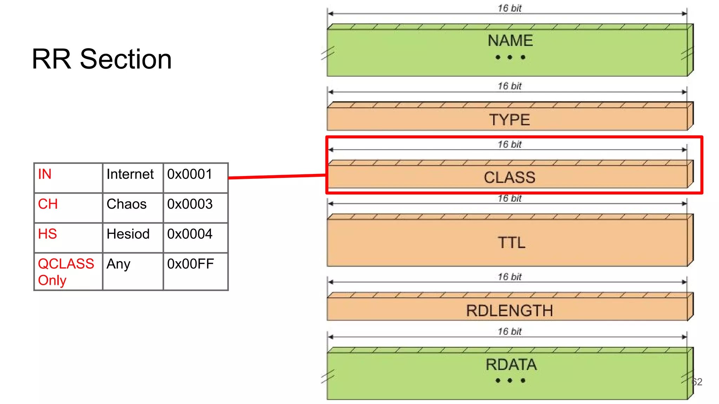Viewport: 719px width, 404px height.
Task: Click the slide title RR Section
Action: [x=102, y=59]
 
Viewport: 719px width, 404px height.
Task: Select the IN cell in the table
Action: [x=45, y=174]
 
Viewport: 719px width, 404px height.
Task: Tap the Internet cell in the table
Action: [x=130, y=174]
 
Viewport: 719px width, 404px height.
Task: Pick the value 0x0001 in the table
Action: [x=190, y=174]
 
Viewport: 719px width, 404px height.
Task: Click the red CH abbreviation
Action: [x=48, y=204]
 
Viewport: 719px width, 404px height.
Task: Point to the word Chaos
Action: [x=126, y=204]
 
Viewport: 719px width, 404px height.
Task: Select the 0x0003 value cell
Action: [x=190, y=204]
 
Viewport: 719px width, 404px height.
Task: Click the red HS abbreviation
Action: [x=47, y=234]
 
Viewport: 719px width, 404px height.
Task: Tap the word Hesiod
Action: [x=128, y=234]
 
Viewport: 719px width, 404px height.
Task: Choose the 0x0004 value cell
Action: [x=190, y=234]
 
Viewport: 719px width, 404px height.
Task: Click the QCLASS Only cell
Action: [x=66, y=272]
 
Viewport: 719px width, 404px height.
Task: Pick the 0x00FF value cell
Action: [x=190, y=264]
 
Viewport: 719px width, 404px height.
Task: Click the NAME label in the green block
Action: [x=510, y=41]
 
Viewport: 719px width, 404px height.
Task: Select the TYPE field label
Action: [x=509, y=120]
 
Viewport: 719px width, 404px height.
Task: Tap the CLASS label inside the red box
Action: [x=509, y=177]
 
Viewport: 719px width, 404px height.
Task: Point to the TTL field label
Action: [x=512, y=243]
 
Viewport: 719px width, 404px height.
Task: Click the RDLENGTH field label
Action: [x=509, y=311]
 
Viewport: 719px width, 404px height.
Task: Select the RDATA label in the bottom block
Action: [x=511, y=365]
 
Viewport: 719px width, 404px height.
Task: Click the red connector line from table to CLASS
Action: [x=277, y=176]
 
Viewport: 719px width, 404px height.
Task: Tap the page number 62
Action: [x=697, y=382]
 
